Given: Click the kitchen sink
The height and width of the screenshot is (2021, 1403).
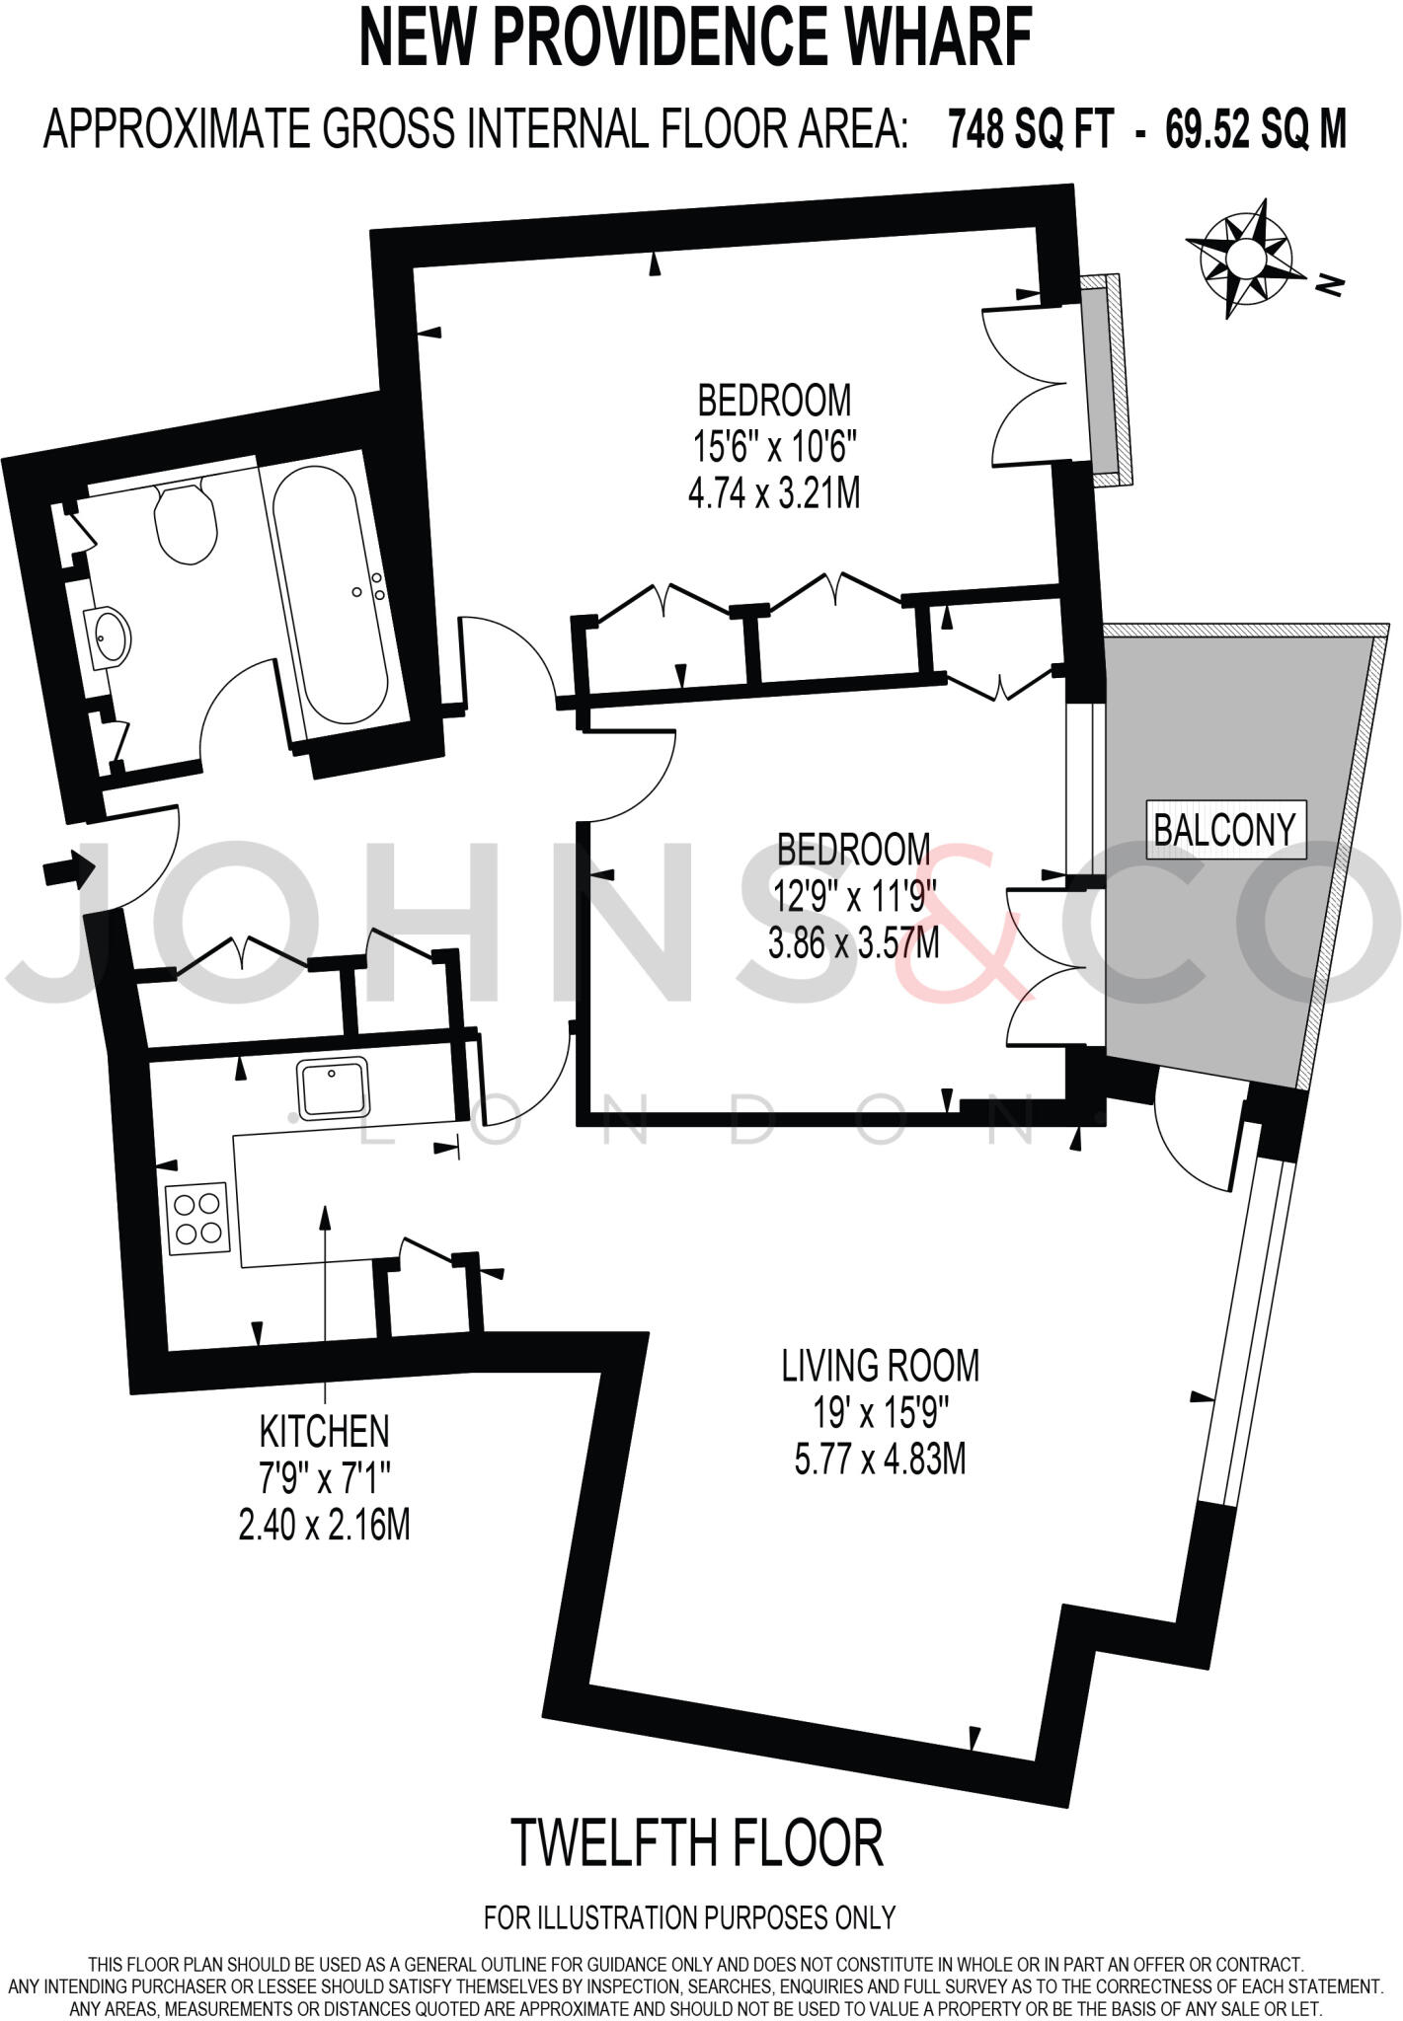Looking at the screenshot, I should pos(334,1087).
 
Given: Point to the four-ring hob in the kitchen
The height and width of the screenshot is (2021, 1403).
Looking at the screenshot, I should pos(197,1219).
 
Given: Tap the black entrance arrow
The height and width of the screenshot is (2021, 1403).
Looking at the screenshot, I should pos(68,871).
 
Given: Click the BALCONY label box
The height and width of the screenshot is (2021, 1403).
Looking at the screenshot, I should pos(1224,830).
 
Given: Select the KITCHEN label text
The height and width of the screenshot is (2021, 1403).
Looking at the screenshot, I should pos(324,1430).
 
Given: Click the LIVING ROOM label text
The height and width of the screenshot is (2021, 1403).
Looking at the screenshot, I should pos(880,1366).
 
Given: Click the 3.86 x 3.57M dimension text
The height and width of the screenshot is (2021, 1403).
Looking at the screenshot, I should pos(853,943).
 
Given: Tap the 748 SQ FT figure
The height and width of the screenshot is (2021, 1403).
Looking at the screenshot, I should pos(1031,129).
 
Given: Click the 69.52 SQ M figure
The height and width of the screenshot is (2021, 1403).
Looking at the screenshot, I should pos(1256,129).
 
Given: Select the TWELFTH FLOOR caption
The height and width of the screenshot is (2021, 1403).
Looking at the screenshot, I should pos(697,1843).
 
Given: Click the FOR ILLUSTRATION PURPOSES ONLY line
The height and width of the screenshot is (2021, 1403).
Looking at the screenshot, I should pos(689,1917).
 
